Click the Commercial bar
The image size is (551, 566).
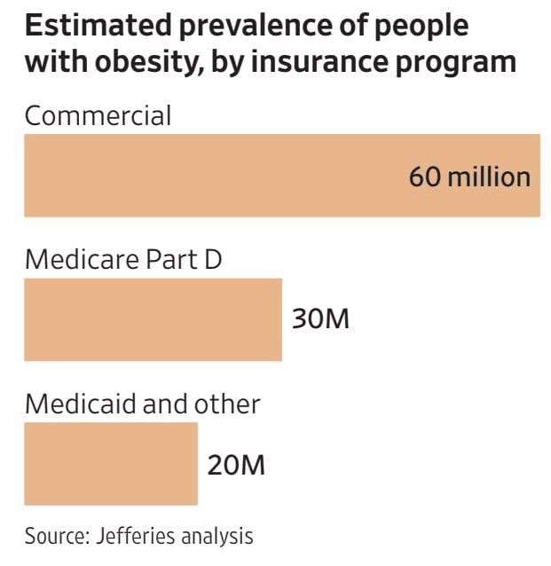[213, 176]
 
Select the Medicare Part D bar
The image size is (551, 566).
[153, 319]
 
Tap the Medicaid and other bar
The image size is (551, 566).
[110, 463]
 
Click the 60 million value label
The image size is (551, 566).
[469, 176]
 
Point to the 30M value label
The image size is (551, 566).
[320, 319]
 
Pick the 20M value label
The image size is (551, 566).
[236, 464]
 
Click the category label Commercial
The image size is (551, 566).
[98, 116]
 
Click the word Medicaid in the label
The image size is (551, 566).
[81, 405]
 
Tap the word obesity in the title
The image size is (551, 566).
[131, 62]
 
